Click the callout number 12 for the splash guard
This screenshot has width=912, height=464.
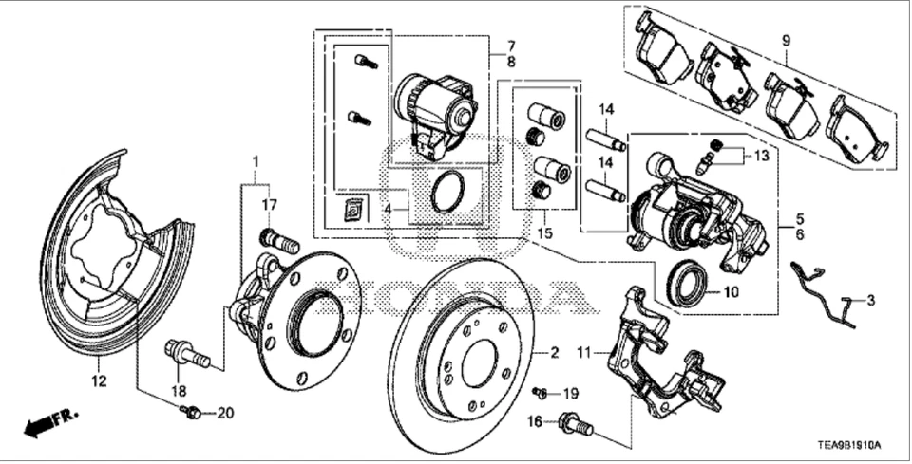(100, 382)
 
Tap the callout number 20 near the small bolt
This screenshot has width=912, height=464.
(224, 413)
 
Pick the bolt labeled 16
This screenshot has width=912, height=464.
(576, 423)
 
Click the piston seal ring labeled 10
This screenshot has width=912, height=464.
(686, 284)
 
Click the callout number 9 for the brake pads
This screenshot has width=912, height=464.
(786, 41)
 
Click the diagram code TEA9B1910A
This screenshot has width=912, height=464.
(852, 445)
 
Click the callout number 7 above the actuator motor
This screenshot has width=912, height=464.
(510, 45)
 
